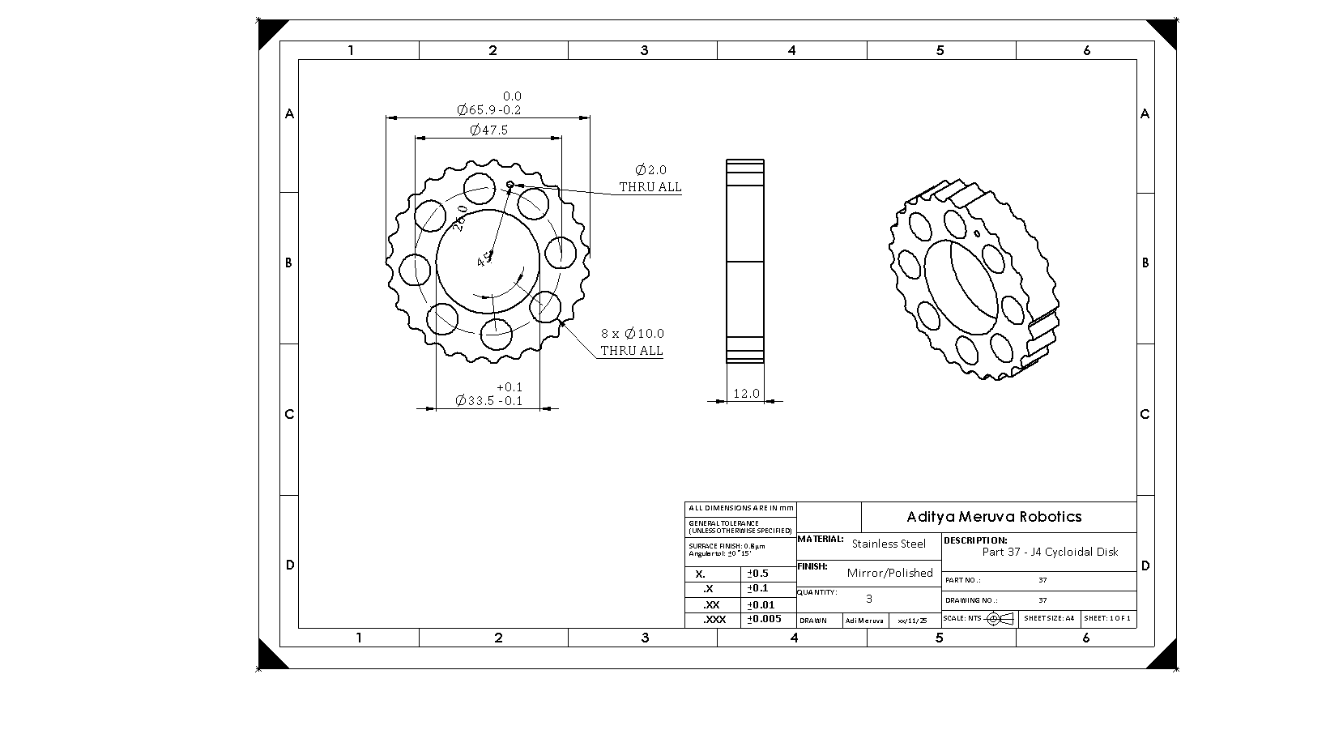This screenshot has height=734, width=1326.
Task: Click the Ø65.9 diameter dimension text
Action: [488, 110]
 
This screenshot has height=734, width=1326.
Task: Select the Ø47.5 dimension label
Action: [488, 130]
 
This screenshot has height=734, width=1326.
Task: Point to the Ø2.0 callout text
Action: [650, 170]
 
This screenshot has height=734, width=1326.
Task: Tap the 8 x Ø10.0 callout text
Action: [632, 334]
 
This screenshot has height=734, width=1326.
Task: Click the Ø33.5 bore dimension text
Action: [488, 400]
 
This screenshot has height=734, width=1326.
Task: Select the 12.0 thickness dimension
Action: [746, 394]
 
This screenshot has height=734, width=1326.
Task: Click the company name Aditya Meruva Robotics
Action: [994, 517]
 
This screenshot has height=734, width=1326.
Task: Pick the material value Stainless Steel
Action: [888, 544]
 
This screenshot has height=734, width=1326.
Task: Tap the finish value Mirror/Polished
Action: [889, 573]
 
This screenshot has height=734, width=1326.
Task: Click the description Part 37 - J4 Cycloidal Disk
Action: [1049, 553]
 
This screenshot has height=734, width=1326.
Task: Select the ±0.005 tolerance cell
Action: [764, 619]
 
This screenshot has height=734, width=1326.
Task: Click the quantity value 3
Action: [869, 600]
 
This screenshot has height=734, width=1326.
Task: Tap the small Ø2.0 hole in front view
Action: [510, 185]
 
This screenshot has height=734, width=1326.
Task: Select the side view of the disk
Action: [745, 261]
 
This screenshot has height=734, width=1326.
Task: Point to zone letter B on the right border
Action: [1145, 263]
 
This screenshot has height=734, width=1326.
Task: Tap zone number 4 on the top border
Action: [791, 50]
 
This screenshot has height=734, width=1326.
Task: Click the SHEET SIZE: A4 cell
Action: [1049, 618]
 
